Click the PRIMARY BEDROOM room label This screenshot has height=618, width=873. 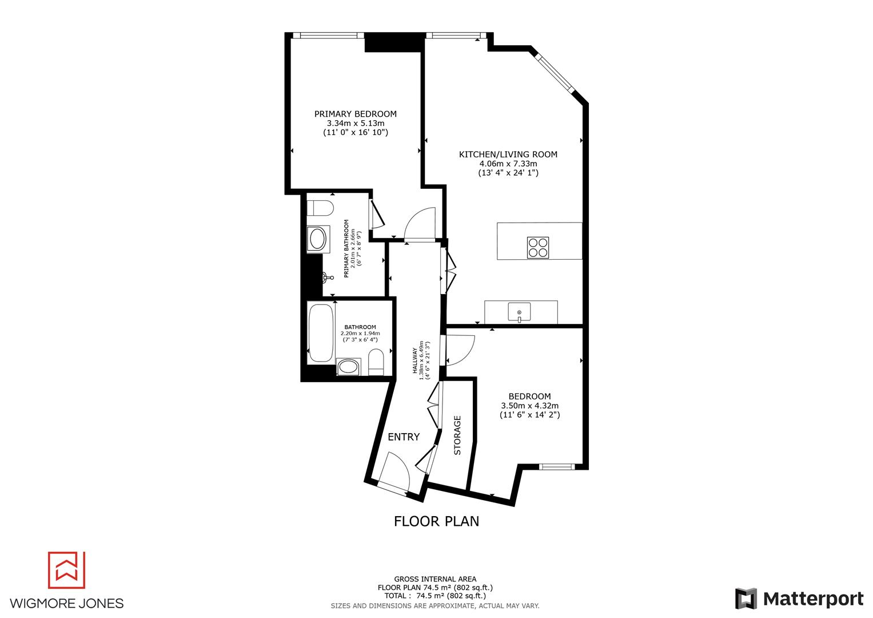coord(355,114)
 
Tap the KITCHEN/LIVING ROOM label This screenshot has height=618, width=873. coord(508,154)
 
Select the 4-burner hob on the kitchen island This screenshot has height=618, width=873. coord(537,248)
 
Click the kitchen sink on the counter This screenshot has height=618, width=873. coord(519,312)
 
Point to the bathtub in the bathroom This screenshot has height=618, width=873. coord(321,332)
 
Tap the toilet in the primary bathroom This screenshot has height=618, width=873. coord(319,208)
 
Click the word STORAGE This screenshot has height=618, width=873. coord(457,435)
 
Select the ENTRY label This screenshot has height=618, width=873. coord(404,437)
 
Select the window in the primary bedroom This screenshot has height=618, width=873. coord(328,35)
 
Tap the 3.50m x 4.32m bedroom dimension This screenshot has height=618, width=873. coord(529,406)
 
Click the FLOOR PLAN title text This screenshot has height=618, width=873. coord(436,521)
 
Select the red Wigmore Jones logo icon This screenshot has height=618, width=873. coord(66,570)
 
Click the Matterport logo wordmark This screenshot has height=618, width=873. coord(813,599)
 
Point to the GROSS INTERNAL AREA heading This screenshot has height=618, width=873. coord(435,579)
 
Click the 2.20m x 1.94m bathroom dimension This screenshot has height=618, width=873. coord(360,333)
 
